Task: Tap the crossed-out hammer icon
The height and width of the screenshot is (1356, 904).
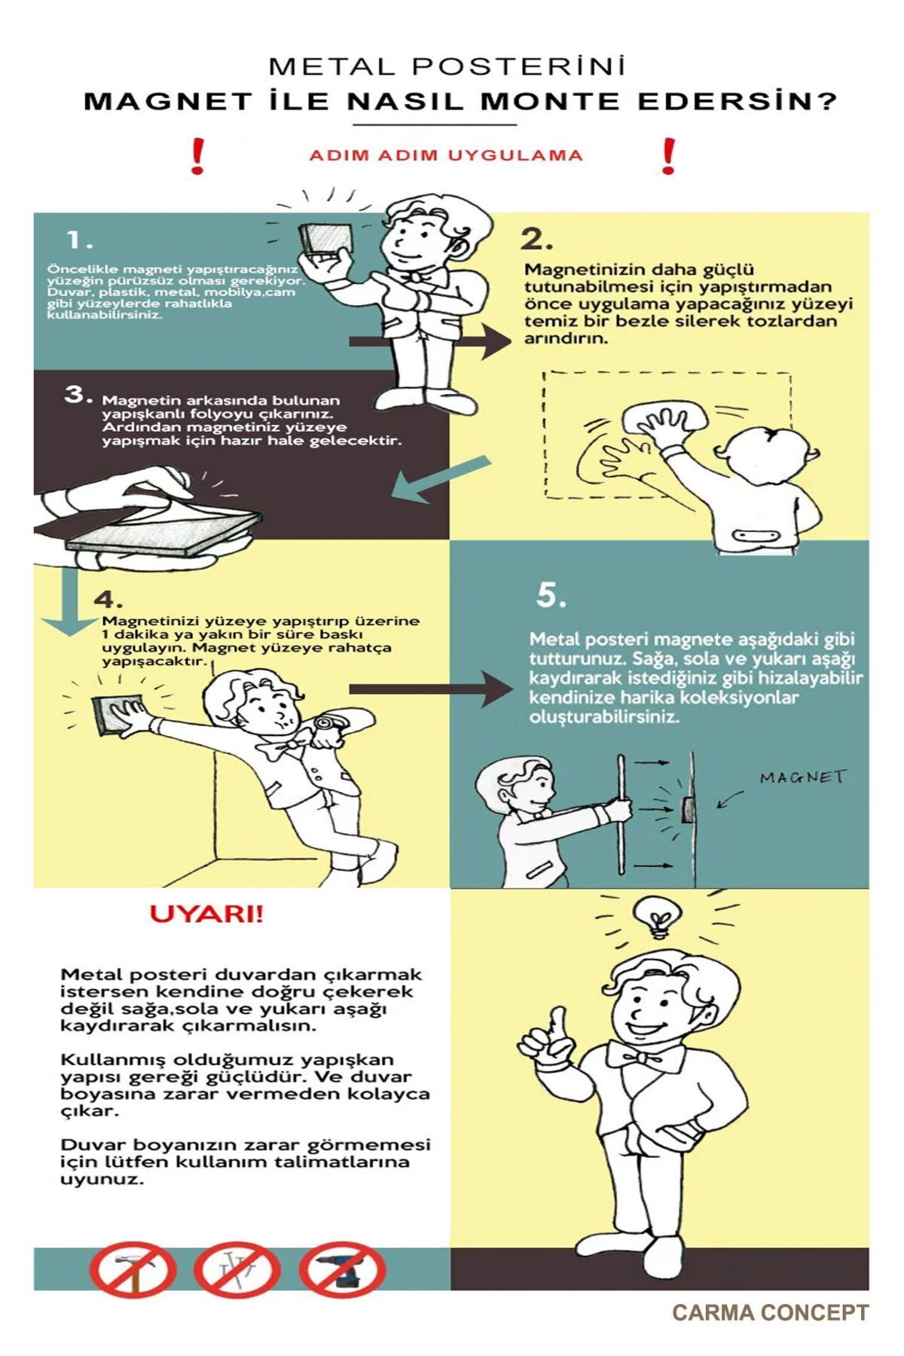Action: coord(133,1269)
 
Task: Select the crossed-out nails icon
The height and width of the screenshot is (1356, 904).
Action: coord(238,1269)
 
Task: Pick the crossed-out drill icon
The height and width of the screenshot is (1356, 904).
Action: coord(343,1269)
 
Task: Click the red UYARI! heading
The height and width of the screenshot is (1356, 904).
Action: coord(206,914)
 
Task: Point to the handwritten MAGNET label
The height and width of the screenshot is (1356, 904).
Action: coord(803,777)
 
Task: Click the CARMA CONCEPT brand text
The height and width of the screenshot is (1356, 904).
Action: coord(770,1312)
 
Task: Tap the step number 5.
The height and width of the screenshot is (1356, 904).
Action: coord(551,596)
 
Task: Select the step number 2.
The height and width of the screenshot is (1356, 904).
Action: coord(536,240)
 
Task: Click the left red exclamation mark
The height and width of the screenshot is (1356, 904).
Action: coord(197,157)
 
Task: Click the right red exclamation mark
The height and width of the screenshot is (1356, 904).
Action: coord(668,157)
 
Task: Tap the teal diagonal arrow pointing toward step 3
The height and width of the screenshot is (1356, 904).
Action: coord(440,479)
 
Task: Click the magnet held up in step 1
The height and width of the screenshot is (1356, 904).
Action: coord(325,241)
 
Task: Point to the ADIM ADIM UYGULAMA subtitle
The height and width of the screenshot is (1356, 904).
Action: coord(446,156)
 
